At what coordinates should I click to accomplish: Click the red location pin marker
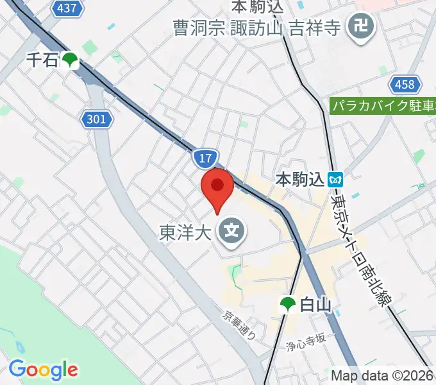[217, 187]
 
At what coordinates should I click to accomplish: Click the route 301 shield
[97, 119]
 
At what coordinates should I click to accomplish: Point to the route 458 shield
[405, 84]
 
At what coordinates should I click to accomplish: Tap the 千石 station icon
[70, 61]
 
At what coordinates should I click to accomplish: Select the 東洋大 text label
[185, 232]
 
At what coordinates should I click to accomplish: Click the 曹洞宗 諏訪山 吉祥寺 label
[257, 28]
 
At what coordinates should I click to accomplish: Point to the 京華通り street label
[239, 325]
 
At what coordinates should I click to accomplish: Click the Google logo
[43, 370]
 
